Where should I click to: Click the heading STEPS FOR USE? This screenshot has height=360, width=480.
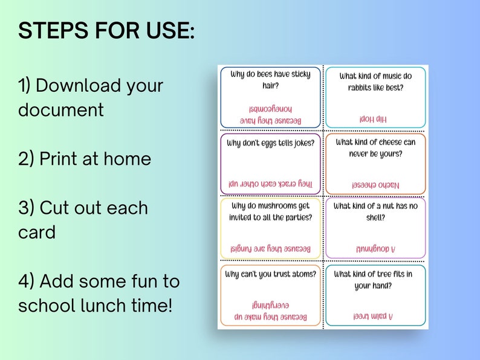(x=106, y=31)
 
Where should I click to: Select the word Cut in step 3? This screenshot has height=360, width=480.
(x=54, y=208)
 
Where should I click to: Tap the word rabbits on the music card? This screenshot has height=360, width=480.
(x=362, y=87)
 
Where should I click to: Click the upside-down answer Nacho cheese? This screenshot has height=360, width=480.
(x=375, y=184)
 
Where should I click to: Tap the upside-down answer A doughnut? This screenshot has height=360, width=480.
(x=375, y=248)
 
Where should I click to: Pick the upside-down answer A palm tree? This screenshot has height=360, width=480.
(x=373, y=316)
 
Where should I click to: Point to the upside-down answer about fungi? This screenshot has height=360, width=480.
(x=270, y=248)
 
